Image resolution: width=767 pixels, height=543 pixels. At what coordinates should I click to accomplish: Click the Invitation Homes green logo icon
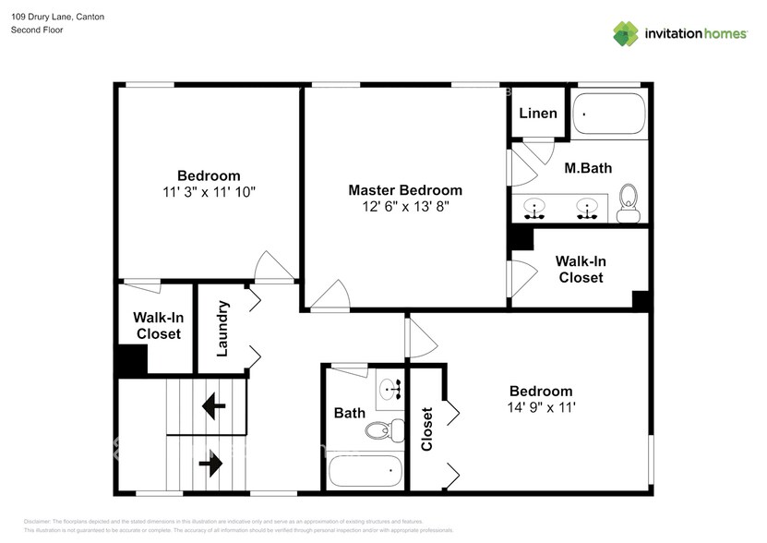coord(627,33)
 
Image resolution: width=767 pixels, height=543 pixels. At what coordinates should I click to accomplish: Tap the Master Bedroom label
coord(405,190)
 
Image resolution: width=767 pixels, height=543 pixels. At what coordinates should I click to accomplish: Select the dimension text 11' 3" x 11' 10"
coord(209,192)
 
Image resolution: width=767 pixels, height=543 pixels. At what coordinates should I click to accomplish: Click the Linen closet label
coord(538,114)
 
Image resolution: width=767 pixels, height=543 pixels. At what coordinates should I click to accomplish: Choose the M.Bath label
coord(588,168)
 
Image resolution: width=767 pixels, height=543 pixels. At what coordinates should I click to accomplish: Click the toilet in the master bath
coord(629,203)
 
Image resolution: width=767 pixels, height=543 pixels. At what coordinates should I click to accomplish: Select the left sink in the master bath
coord(533,209)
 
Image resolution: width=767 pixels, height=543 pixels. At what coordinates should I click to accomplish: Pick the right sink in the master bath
coord(585,209)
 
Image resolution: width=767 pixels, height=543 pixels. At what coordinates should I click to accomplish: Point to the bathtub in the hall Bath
coord(366,472)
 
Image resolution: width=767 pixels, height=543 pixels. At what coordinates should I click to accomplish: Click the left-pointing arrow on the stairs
coord(215,404)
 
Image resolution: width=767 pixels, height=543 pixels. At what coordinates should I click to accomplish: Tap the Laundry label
coord(222,328)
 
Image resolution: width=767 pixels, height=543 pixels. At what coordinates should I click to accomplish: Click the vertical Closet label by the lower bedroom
coord(426,428)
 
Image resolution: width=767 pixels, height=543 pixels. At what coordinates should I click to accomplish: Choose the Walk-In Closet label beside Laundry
coord(158,325)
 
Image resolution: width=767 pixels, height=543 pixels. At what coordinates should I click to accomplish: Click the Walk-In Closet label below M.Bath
coord(581,269)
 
